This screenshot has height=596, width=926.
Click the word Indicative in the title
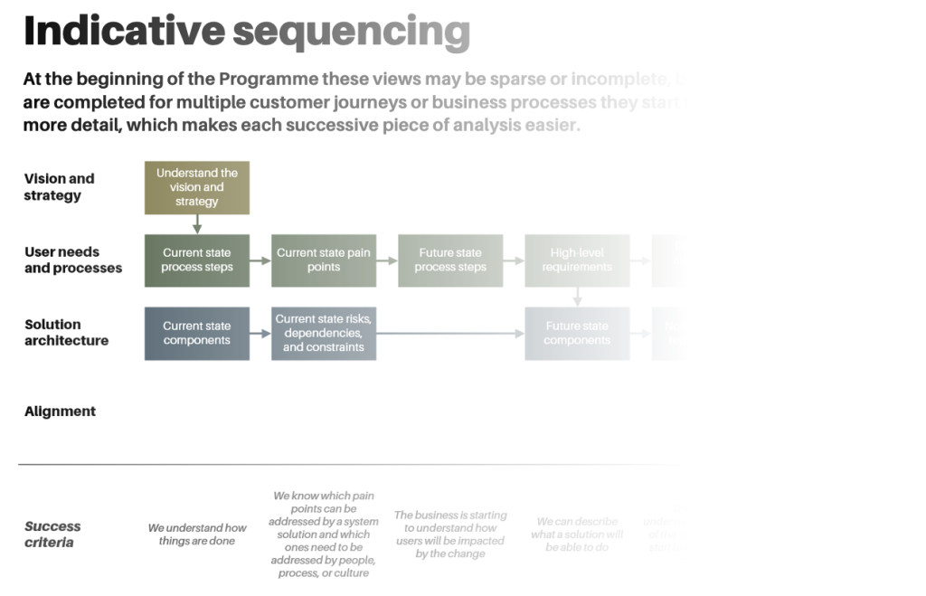[124, 31]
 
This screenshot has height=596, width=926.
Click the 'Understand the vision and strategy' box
[196, 187]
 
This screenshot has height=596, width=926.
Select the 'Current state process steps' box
[196, 260]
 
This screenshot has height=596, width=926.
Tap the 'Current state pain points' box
[323, 260]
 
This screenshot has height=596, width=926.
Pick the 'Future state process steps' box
[449, 260]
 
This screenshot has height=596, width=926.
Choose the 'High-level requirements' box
[576, 260]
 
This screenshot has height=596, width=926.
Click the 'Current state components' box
[196, 334]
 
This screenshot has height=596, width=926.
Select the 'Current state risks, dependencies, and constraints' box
[323, 334]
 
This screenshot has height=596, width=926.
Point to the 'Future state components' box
[576, 334]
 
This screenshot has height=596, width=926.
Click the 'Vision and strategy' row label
[59, 187]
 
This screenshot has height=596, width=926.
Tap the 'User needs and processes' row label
[72, 260]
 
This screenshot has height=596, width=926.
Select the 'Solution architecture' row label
[66, 333]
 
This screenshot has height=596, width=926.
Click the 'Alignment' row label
[60, 412]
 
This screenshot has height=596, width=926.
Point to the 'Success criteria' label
[52, 535]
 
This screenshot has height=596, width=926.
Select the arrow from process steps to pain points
[260, 260]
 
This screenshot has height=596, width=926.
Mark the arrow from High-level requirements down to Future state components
[577, 297]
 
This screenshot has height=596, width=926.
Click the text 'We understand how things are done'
[197, 535]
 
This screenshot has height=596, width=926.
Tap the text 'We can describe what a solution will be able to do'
[577, 535]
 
